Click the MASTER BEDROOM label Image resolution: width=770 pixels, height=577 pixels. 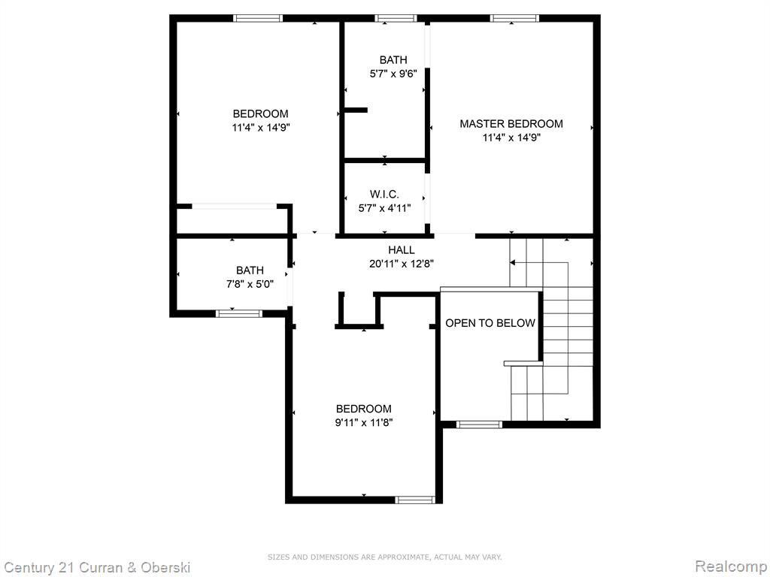(511, 124)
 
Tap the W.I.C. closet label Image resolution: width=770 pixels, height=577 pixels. (384, 195)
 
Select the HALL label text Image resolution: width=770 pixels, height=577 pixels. (402, 250)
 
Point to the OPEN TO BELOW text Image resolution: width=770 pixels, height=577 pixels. (490, 323)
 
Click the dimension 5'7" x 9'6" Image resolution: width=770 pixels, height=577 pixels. (393, 74)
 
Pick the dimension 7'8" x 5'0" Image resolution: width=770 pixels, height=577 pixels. (250, 284)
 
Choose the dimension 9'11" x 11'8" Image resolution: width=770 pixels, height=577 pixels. (364, 422)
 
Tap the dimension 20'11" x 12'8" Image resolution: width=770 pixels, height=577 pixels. (402, 264)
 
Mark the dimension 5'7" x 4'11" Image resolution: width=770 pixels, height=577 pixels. (384, 208)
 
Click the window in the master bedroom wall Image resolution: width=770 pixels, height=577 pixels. (514, 19)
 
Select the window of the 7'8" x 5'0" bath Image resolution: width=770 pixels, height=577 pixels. (239, 313)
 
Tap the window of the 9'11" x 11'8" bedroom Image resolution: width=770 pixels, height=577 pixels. (415, 500)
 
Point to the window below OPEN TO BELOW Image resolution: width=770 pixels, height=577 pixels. (479, 424)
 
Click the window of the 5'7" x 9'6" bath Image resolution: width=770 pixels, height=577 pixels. (396, 19)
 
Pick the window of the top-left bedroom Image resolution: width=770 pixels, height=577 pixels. (258, 19)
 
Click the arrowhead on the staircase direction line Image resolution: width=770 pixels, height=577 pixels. (512, 263)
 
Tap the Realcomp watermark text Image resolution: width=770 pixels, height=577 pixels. (732, 566)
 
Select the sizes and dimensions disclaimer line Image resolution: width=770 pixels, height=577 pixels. (384, 557)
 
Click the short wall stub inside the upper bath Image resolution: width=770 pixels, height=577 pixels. (355, 110)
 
